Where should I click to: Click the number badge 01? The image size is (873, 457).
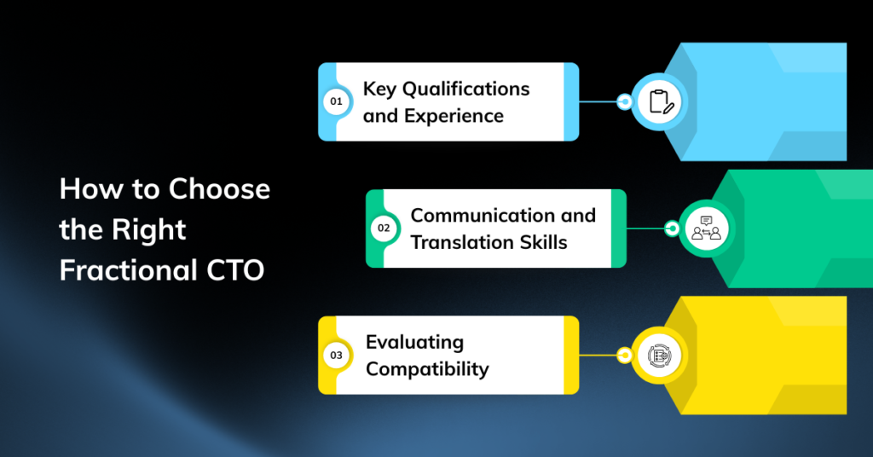tap(336, 101)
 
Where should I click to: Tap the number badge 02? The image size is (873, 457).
tap(384, 228)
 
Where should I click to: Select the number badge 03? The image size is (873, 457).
tap(336, 356)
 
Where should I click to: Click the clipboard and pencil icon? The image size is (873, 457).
tap(661, 101)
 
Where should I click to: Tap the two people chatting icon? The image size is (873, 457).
tap(706, 228)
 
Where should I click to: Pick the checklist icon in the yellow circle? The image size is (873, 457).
tap(659, 356)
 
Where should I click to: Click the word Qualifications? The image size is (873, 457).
tap(466, 89)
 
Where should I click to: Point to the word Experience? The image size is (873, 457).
tap(454, 116)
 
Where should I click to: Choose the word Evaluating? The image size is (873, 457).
tap(415, 343)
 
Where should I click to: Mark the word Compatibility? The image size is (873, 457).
tap(428, 369)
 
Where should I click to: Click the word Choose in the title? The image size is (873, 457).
tap(219, 188)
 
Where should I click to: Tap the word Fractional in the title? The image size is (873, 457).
tap(129, 270)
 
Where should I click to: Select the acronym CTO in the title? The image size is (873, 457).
tap(235, 270)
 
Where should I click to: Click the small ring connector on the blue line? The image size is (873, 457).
tap(625, 101)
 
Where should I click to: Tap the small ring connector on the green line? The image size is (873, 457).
tap(672, 228)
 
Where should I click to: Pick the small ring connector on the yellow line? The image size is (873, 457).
tap(625, 356)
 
